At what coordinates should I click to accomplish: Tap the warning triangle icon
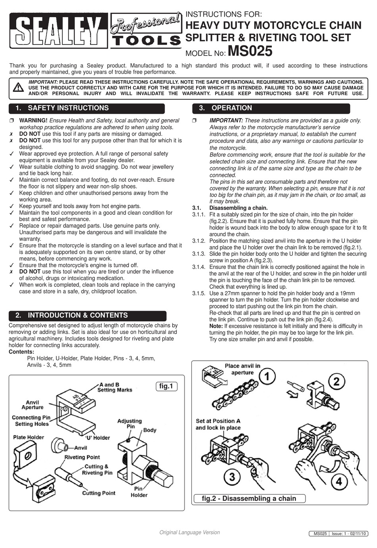[18, 87]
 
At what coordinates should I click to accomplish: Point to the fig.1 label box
[166, 386]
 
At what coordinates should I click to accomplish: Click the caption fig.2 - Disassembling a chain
[249, 499]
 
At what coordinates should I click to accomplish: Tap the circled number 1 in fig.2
[268, 376]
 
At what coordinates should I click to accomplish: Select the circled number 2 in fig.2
[337, 382]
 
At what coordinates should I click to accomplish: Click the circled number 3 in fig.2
[232, 476]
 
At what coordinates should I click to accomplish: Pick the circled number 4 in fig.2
[339, 482]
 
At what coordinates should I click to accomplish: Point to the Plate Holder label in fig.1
[29, 437]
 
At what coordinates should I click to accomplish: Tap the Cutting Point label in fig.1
[98, 493]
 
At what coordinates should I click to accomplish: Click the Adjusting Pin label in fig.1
[129, 424]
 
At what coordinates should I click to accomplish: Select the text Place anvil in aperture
[242, 369]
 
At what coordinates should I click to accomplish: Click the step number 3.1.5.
[199, 293]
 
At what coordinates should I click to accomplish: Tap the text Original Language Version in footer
[189, 532]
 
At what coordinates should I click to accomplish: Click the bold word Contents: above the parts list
[21, 352]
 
